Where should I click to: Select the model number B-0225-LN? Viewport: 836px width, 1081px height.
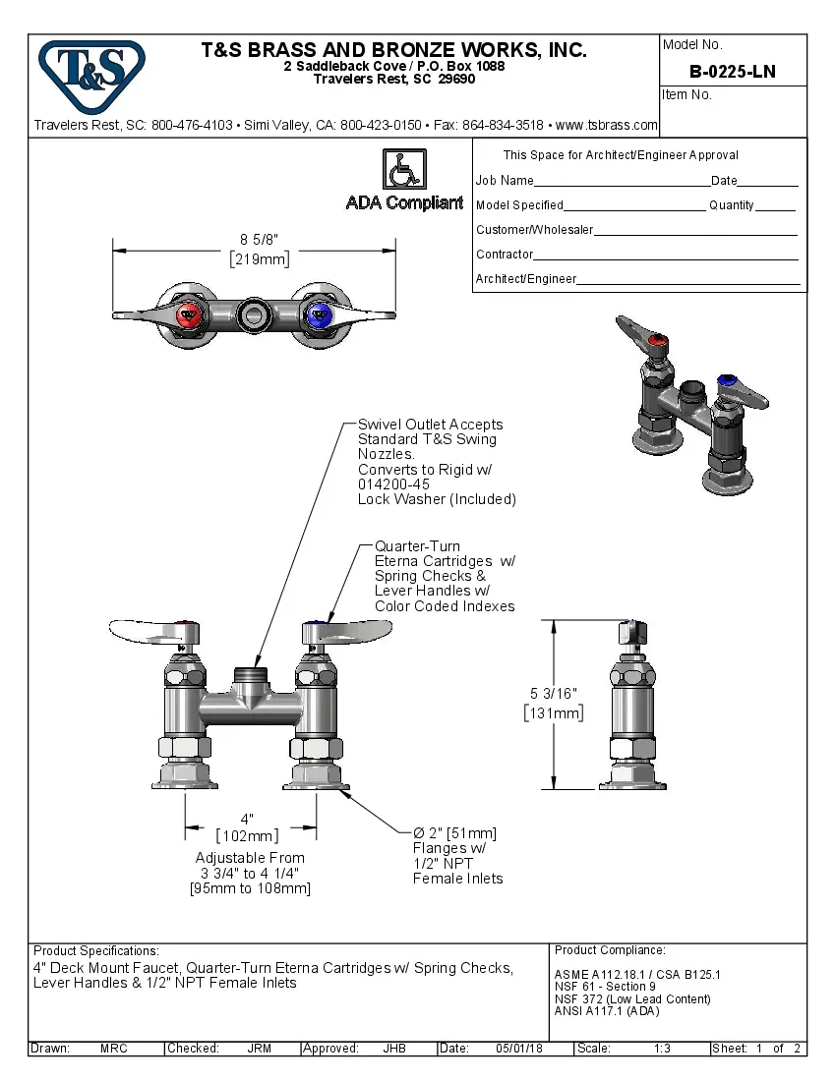click(733, 72)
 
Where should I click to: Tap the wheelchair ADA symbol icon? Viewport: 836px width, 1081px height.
click(402, 170)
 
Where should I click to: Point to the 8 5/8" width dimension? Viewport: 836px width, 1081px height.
click(260, 239)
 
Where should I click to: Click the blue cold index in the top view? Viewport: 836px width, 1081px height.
click(319, 316)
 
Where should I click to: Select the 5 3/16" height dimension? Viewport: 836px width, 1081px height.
click(554, 695)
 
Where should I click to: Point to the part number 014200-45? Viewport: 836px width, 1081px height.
click(393, 484)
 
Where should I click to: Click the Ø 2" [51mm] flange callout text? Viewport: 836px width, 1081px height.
click(454, 833)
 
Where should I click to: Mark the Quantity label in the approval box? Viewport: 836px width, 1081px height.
click(731, 205)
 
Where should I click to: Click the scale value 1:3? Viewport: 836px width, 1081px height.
click(662, 1049)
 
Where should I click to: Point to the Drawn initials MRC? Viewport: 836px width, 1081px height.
click(113, 1049)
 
